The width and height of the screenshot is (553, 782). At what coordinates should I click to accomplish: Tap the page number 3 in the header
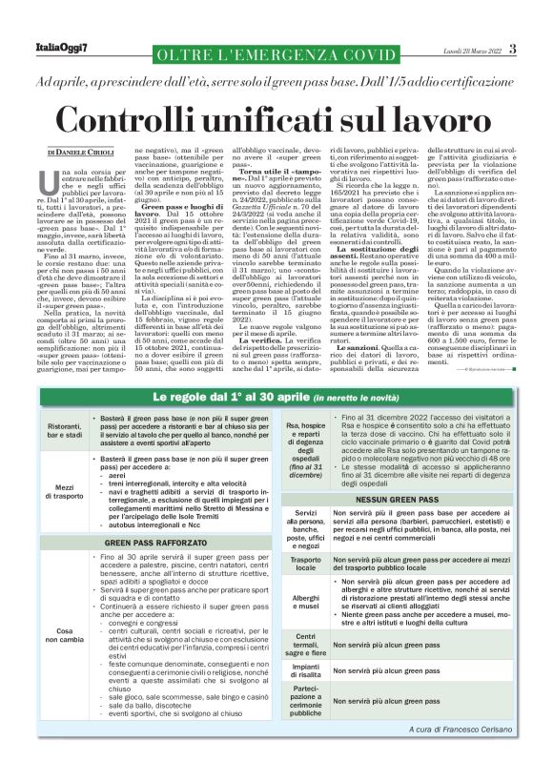(512, 50)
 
